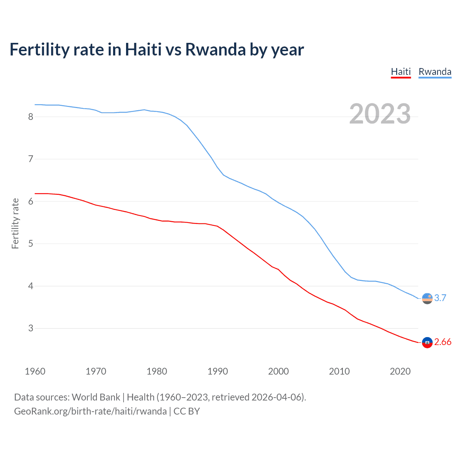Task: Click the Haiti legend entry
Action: (x=401, y=72)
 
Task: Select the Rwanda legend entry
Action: (x=435, y=72)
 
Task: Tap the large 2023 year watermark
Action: (x=380, y=114)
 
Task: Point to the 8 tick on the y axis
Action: (x=31, y=117)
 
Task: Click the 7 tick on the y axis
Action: (x=31, y=159)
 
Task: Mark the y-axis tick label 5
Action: (x=31, y=244)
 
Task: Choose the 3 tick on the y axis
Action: (x=31, y=328)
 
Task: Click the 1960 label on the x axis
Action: (x=35, y=371)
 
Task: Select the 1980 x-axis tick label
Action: (x=157, y=371)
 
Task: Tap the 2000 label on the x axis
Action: (x=278, y=371)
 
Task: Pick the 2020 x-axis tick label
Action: (x=400, y=371)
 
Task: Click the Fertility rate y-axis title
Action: (x=15, y=223)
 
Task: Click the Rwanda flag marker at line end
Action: (x=427, y=298)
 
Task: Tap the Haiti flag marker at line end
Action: (x=427, y=343)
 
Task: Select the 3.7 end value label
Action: (x=440, y=298)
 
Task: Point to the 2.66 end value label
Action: (x=443, y=342)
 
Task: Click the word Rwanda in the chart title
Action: (x=215, y=50)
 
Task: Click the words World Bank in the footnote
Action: (x=96, y=397)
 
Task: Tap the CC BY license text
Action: (x=187, y=411)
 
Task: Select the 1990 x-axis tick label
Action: (x=218, y=371)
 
